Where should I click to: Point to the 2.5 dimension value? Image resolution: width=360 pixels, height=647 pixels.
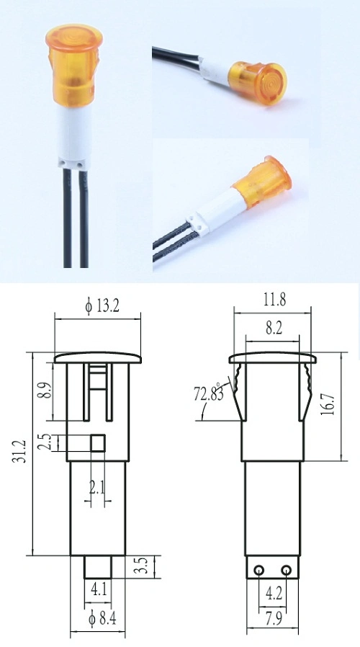[x=45, y=441]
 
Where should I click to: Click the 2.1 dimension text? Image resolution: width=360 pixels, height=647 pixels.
[x=96, y=488]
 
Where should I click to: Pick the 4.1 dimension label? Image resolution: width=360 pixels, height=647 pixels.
[x=99, y=589]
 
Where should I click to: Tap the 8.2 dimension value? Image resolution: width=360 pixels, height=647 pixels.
[x=274, y=327]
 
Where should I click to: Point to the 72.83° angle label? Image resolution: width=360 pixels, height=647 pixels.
[x=209, y=394]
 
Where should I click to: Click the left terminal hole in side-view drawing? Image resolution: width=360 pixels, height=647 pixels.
[x=257, y=571]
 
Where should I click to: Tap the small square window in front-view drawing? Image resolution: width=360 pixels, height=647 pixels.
[x=99, y=441]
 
